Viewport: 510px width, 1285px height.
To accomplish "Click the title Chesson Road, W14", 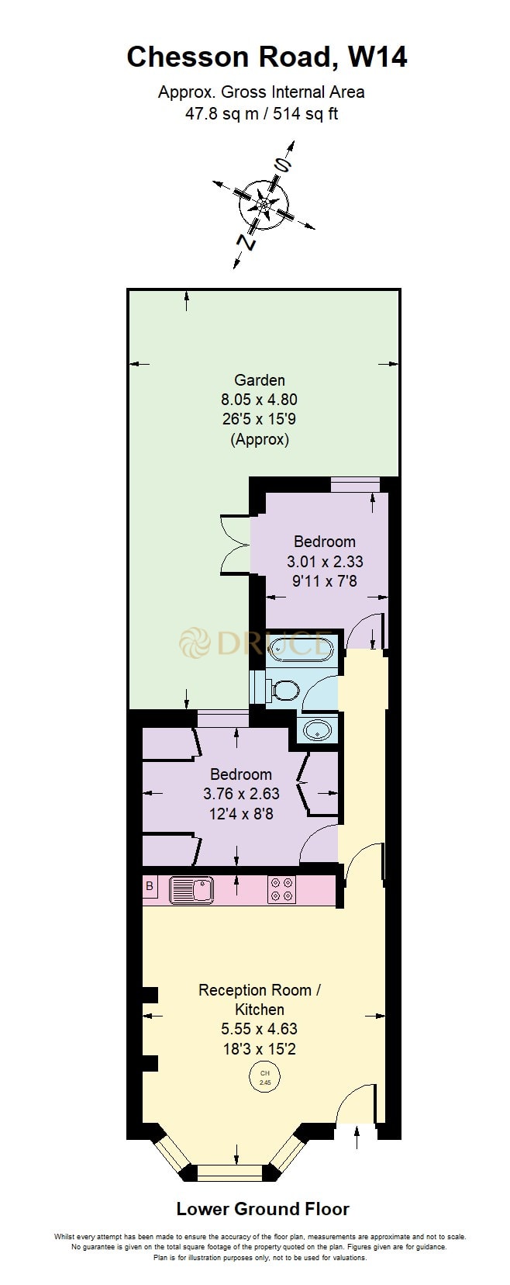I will [x=267, y=57].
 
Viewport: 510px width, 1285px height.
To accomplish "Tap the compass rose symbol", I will [x=264, y=205].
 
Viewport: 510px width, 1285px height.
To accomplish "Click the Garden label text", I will [x=260, y=380].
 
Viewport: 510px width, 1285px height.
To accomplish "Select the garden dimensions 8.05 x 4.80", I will [x=260, y=400].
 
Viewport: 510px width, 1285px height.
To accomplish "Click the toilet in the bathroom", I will [x=284, y=690].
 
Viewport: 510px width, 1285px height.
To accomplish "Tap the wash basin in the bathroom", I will [x=316, y=730].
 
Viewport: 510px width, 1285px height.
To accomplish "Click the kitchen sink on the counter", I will [x=191, y=888].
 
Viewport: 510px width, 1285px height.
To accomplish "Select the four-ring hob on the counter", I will [x=281, y=888].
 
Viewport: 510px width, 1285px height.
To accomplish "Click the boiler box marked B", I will [x=150, y=885].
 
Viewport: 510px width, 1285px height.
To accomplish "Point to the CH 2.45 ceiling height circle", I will [x=264, y=1077].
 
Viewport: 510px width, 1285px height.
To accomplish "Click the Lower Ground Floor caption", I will [x=263, y=1209].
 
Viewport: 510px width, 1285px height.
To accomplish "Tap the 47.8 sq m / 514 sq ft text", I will [x=261, y=114].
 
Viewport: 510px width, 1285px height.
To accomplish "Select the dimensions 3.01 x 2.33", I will [x=325, y=561].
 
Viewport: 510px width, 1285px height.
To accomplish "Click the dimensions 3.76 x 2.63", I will [x=241, y=794].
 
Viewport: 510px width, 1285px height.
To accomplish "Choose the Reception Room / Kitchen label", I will [x=260, y=999].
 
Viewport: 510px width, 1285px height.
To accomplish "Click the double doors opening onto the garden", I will [x=234, y=545].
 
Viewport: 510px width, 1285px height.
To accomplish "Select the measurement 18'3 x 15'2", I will [x=260, y=1049].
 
